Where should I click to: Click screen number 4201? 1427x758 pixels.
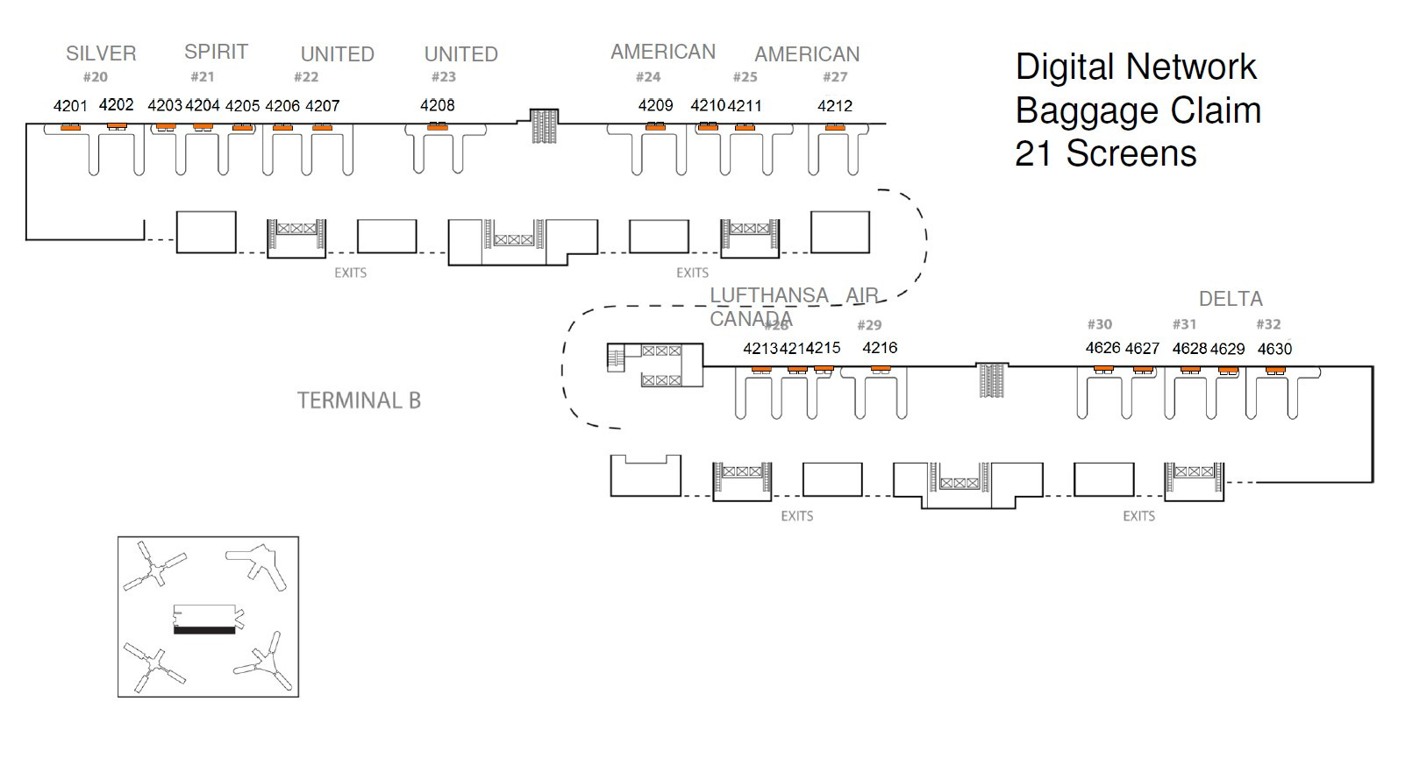[70, 106]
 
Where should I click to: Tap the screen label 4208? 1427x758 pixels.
[437, 105]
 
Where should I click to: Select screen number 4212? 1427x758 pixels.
[834, 106]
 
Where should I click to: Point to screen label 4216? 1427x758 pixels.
[880, 348]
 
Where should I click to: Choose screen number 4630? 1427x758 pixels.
[1274, 349]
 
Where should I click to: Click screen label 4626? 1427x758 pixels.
[1102, 348]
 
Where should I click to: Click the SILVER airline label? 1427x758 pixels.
[101, 53]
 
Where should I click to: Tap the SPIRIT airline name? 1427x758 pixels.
[216, 52]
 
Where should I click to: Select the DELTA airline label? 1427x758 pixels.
[1230, 299]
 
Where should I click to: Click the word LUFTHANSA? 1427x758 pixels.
[769, 296]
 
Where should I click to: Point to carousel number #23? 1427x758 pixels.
[444, 77]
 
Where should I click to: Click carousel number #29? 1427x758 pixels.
[868, 325]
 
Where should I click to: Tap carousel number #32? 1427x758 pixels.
[1268, 324]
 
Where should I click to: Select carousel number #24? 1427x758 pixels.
[648, 77]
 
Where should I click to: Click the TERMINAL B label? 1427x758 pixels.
[359, 400]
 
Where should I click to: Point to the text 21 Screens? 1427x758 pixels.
[1105, 154]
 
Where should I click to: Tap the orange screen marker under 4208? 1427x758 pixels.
[437, 128]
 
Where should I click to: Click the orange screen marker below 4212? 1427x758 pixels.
[834, 128]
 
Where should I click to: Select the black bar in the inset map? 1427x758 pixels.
[204, 629]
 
